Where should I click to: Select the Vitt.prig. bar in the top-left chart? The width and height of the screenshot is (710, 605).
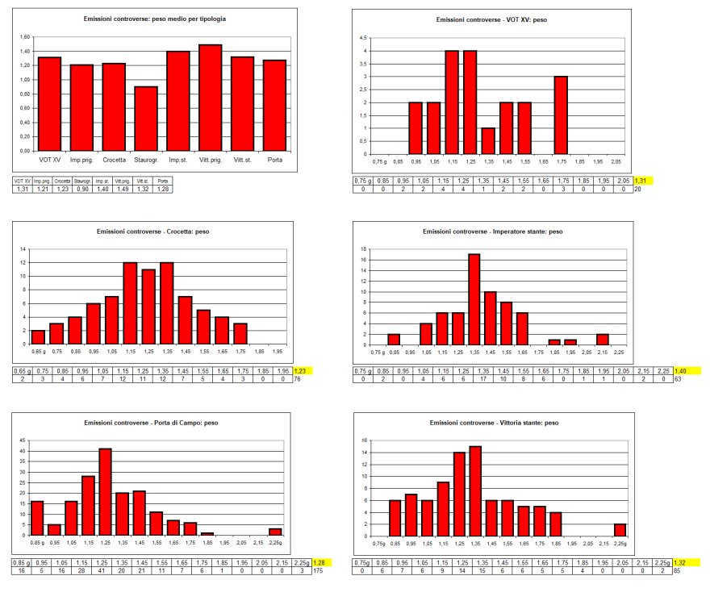coord(211,98)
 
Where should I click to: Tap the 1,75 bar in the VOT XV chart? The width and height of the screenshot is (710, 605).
coord(561,115)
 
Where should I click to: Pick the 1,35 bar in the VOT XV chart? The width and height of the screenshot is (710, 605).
coord(488,140)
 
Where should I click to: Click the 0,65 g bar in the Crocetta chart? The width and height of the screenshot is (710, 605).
coord(38,336)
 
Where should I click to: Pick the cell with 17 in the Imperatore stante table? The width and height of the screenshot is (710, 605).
coord(474,379)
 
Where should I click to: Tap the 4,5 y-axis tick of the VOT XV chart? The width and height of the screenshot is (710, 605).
coord(364,37)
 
